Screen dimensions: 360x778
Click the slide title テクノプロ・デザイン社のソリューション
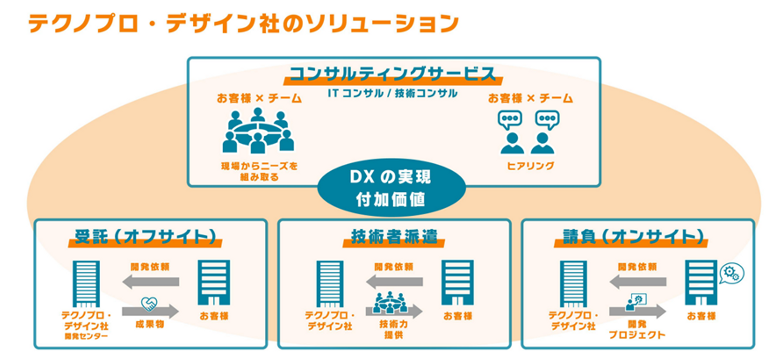[x=243, y=23]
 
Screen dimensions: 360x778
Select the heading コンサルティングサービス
[x=393, y=74]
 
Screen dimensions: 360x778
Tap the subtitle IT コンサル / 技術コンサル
[x=393, y=94]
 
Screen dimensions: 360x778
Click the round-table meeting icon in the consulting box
[x=258, y=131]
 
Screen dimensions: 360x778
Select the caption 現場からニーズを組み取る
[x=258, y=171]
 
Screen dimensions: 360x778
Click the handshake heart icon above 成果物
[x=149, y=304]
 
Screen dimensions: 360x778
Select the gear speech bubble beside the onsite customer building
[x=732, y=273]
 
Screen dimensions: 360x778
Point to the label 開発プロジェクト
[x=637, y=330]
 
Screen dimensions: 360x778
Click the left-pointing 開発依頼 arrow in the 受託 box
[x=150, y=281]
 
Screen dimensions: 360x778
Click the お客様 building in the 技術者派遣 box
[x=458, y=282]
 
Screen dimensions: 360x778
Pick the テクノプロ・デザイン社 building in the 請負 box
[x=573, y=283]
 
